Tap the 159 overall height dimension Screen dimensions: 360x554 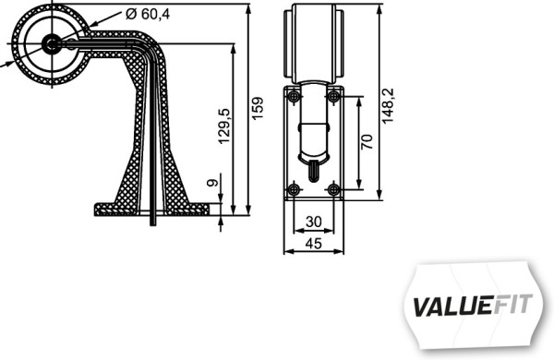pos(259,109)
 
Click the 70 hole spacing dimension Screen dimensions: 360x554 pos(367,141)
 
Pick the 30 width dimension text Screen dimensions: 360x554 pos(314,222)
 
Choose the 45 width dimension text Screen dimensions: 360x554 pos(314,244)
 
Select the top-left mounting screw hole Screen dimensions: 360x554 pos(294,97)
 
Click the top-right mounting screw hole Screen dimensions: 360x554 pos(334,97)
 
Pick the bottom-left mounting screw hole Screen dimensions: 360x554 pos(294,189)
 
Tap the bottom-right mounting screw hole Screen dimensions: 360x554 pos(334,189)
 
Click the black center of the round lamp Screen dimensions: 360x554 pos(52,42)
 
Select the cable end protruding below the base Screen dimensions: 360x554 pos(153,220)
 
